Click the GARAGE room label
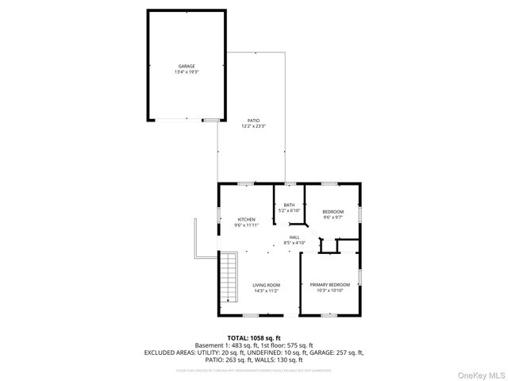tap(186, 66)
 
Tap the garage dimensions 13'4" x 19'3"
tap(186, 71)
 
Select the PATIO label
tap(253, 120)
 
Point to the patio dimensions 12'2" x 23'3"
tap(253, 125)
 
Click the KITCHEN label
tap(245, 219)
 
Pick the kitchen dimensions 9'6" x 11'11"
tap(245, 225)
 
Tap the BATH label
tap(289, 206)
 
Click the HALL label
tap(294, 237)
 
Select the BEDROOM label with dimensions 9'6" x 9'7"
tap(333, 211)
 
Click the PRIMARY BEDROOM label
tap(329, 284)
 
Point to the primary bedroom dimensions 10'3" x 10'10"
tap(329, 290)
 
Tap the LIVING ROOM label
tap(266, 285)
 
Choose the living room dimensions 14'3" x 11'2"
tap(266, 291)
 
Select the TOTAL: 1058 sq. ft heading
tap(253, 337)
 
